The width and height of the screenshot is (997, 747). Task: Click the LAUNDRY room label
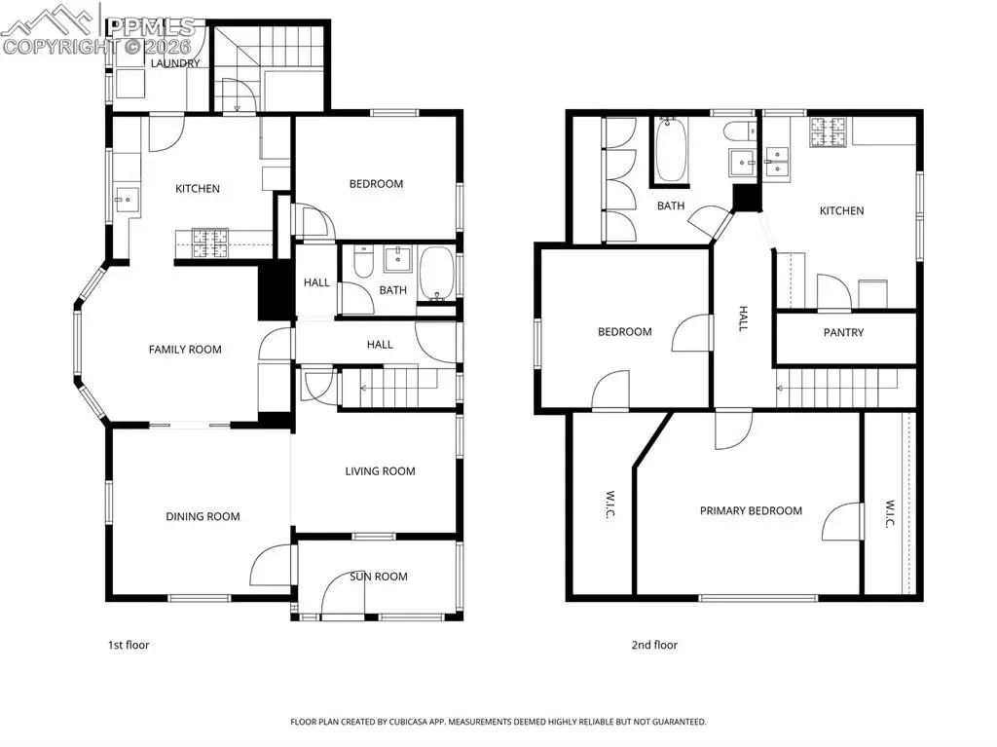(x=175, y=63)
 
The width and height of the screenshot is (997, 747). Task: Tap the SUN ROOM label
(x=379, y=577)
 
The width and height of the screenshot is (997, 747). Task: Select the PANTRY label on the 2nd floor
(x=844, y=332)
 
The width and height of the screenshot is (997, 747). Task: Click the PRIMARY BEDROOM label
(x=751, y=510)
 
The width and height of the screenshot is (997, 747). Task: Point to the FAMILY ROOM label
(x=185, y=350)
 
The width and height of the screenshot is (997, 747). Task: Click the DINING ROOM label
(x=203, y=516)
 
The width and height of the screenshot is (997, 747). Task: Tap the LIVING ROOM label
(x=381, y=471)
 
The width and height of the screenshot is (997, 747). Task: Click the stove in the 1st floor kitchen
(x=210, y=243)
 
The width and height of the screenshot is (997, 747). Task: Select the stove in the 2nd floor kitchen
(x=829, y=131)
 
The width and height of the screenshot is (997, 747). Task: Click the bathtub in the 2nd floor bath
(x=670, y=150)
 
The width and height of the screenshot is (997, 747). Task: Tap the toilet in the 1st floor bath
(x=364, y=262)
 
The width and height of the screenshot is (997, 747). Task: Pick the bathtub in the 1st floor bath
(x=437, y=274)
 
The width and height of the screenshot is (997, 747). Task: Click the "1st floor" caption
(x=129, y=645)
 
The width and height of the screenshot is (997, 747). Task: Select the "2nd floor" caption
(x=654, y=645)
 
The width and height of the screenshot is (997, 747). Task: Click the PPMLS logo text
(x=151, y=26)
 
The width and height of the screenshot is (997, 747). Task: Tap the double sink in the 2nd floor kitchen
(x=777, y=161)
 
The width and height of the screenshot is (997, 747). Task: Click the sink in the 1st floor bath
(x=398, y=259)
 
